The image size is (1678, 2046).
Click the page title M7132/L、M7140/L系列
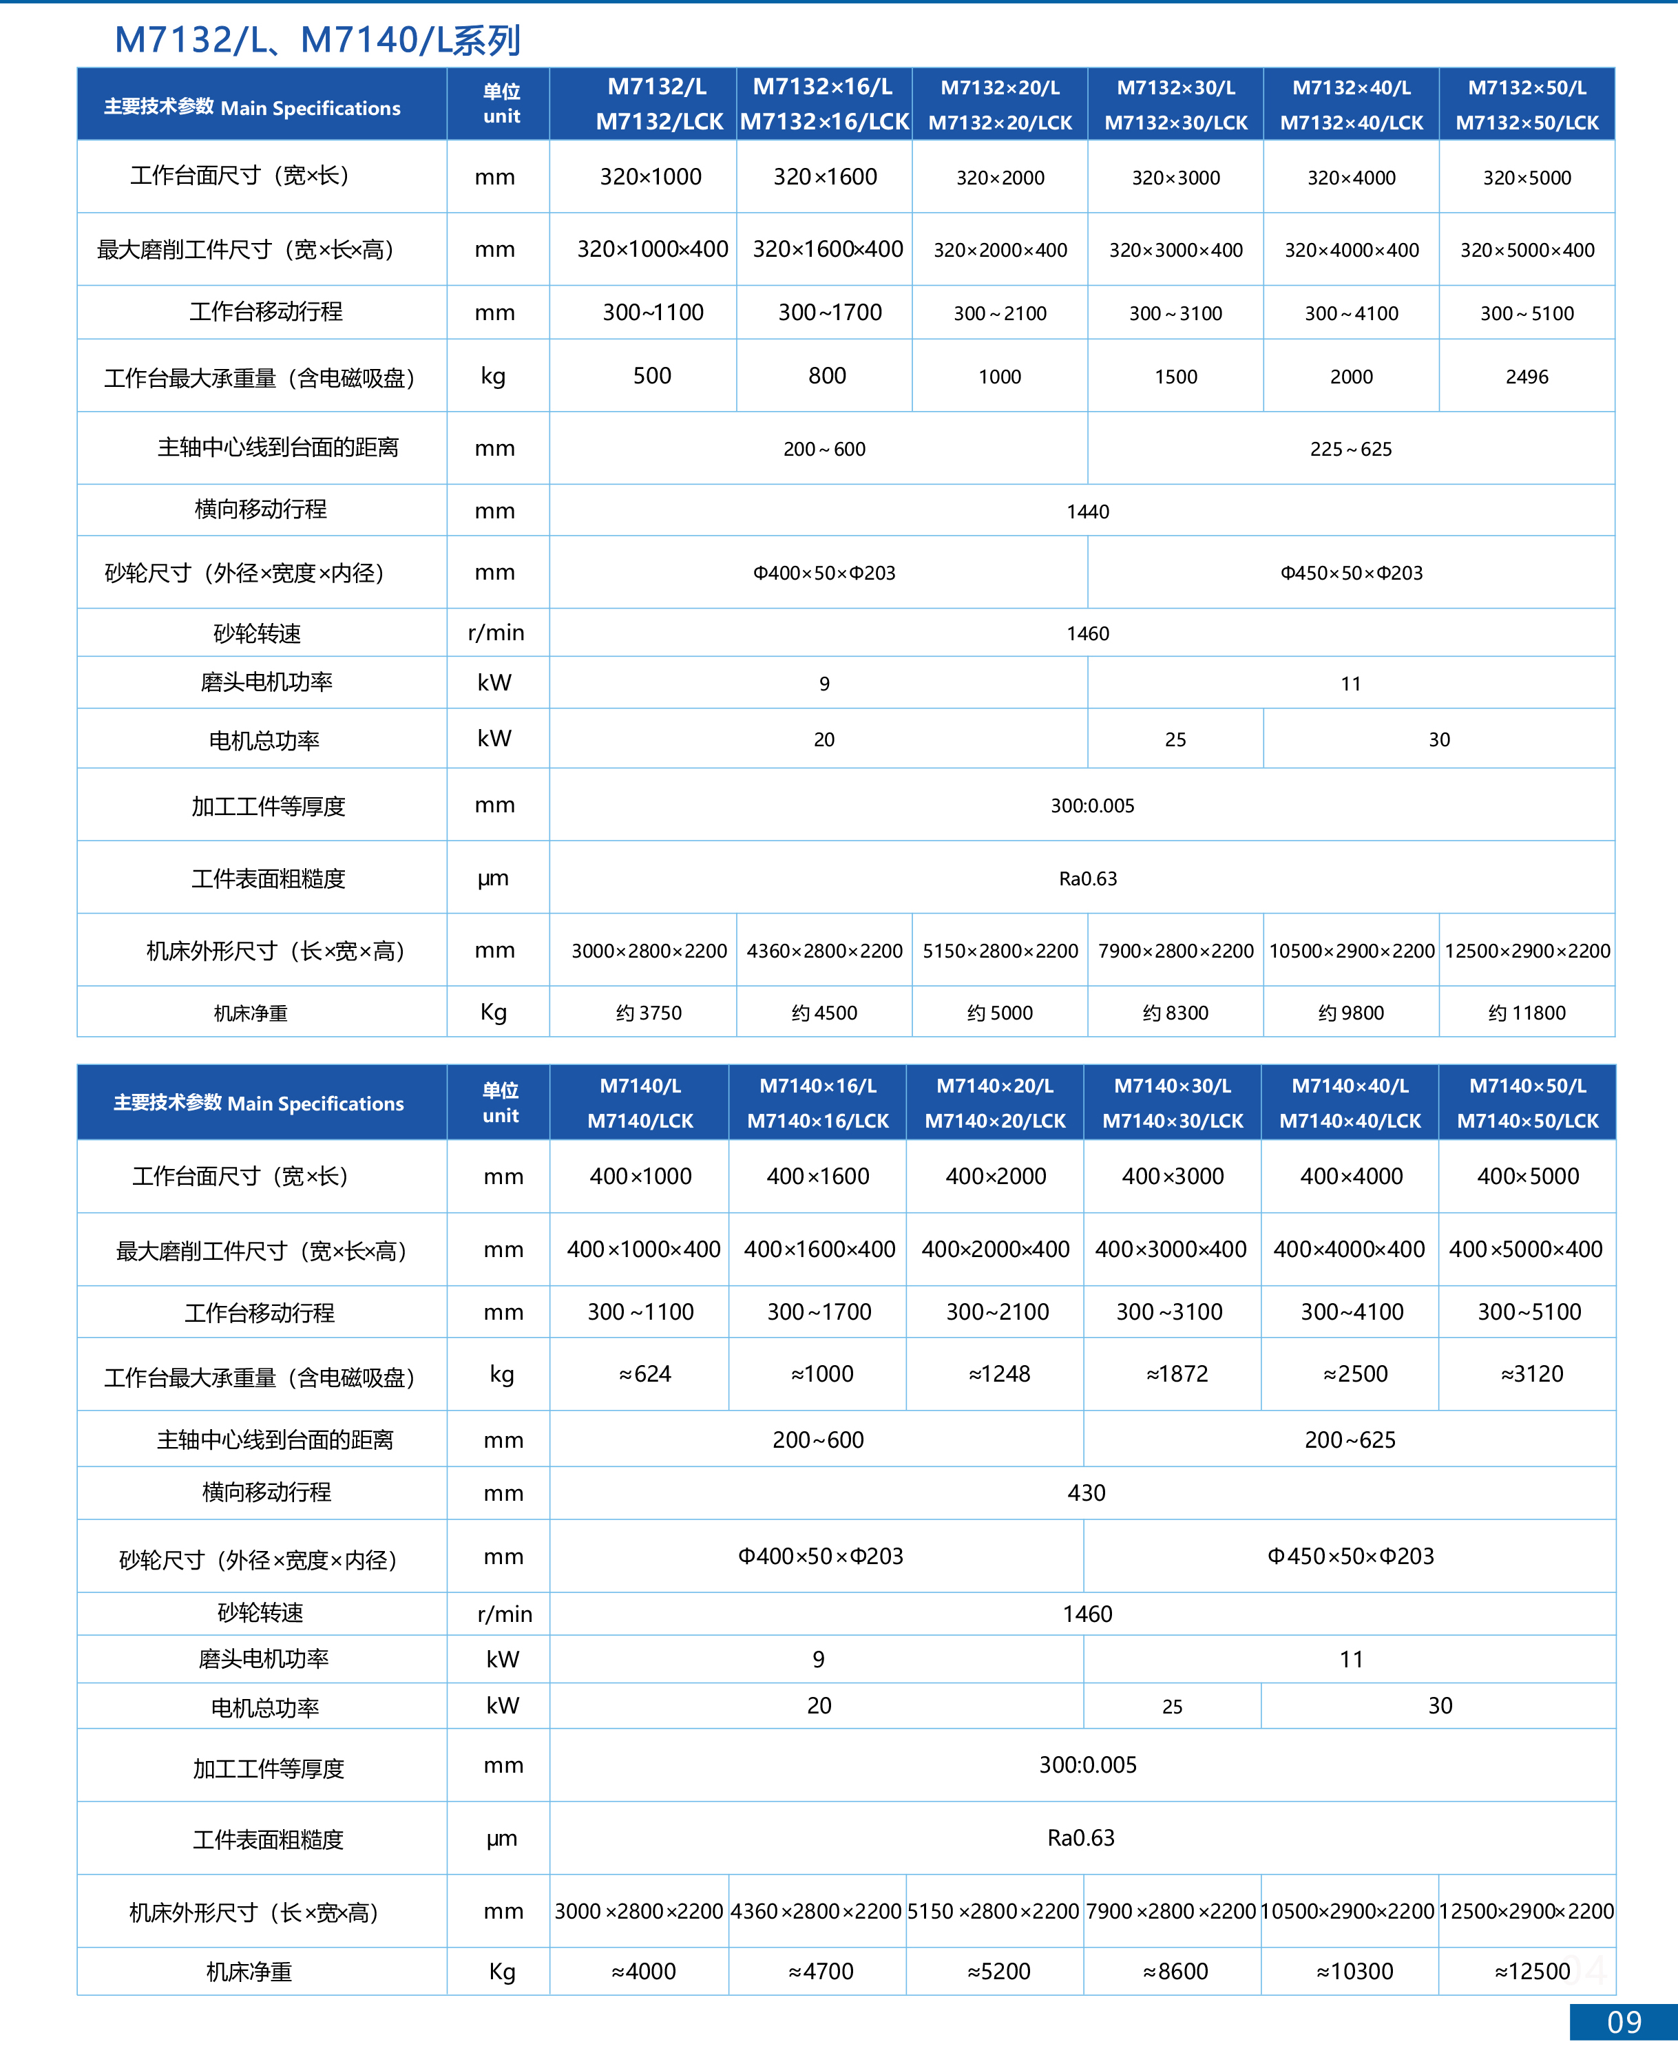tap(317, 41)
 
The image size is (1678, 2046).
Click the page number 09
tap(1624, 2022)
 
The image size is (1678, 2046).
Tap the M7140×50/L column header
tap(1527, 1103)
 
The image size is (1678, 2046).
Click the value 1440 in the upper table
tap(1087, 512)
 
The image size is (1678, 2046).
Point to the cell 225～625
tap(1350, 448)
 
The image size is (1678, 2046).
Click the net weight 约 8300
tap(1175, 1013)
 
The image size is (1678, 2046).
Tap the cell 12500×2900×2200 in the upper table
tap(1527, 951)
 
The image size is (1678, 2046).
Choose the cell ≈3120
tap(1531, 1374)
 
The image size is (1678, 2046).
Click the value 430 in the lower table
tap(1087, 1493)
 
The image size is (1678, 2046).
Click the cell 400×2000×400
tap(996, 1249)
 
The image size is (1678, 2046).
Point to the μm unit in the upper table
tap(493, 878)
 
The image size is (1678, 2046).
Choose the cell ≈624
tap(644, 1374)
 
